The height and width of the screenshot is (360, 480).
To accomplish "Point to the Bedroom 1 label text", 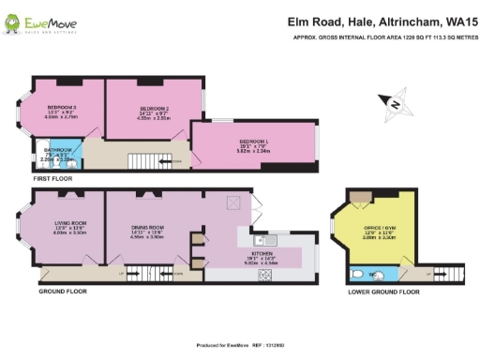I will point(253,143).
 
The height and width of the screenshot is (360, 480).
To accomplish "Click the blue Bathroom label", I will point(58,153).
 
